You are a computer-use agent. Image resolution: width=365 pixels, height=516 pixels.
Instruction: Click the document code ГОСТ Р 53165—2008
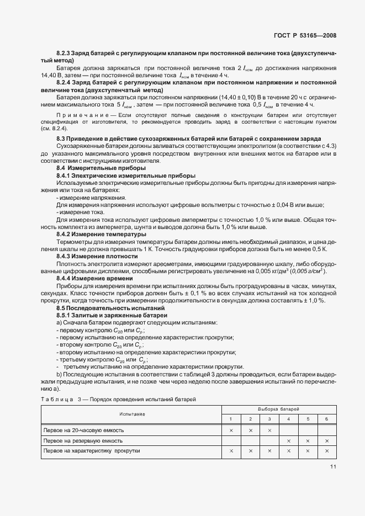point(305,36)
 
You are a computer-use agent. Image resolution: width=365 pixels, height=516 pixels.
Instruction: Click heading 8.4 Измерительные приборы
point(93,168)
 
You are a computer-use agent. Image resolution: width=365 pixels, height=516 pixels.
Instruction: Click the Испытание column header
point(131,413)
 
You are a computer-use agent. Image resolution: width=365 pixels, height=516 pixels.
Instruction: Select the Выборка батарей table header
point(279,409)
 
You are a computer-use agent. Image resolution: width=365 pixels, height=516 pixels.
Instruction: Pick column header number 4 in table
point(288,419)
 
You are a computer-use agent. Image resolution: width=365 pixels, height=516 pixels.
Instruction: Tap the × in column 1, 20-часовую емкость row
point(231,429)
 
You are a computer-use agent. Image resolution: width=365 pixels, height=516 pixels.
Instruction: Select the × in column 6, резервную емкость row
point(327,440)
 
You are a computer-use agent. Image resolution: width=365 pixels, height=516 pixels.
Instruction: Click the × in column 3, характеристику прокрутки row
point(269,451)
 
